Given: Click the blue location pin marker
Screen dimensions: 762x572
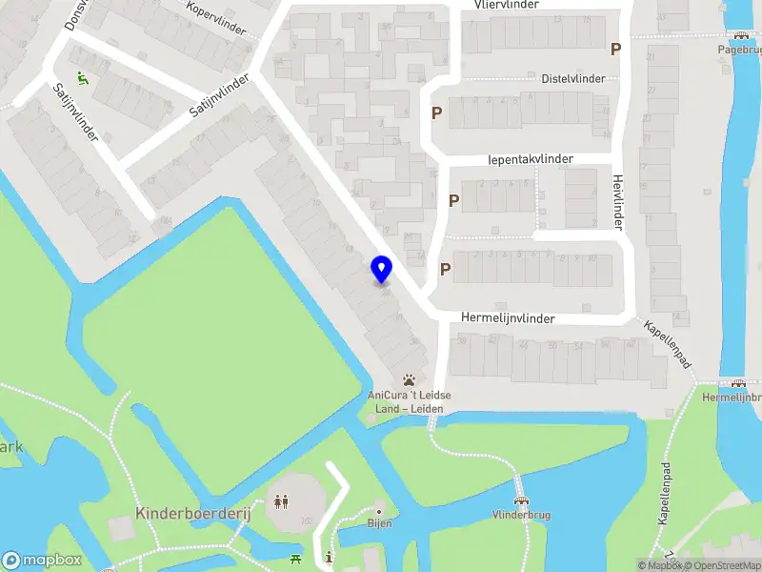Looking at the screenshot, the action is pos(381,270).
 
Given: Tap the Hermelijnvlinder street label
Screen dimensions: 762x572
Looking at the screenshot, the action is pos(508,318).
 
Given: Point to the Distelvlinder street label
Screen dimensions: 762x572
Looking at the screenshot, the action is pos(572,78).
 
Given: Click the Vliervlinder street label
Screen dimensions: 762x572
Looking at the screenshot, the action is pos(507,5).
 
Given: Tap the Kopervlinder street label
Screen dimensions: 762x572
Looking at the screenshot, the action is pos(218,20).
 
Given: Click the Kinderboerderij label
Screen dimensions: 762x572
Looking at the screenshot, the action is pos(192,513).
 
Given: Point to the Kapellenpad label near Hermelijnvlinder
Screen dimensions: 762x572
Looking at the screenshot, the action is pos(667,344).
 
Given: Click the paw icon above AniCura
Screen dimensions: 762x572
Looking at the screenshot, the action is pos(410,378).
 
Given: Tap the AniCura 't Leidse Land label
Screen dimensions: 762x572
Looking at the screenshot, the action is pos(410,401).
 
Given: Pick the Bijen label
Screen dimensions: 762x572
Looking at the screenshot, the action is pos(379,523).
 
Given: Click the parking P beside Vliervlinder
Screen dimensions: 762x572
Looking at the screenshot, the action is pos(616,50).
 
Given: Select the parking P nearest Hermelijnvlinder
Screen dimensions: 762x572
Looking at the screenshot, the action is pos(445,270).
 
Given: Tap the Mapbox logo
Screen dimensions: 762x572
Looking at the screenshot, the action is pos(42,561).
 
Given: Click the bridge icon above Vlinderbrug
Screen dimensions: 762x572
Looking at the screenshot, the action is pos(520,499).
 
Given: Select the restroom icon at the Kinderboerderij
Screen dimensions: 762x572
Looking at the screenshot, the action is pos(281,500).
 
